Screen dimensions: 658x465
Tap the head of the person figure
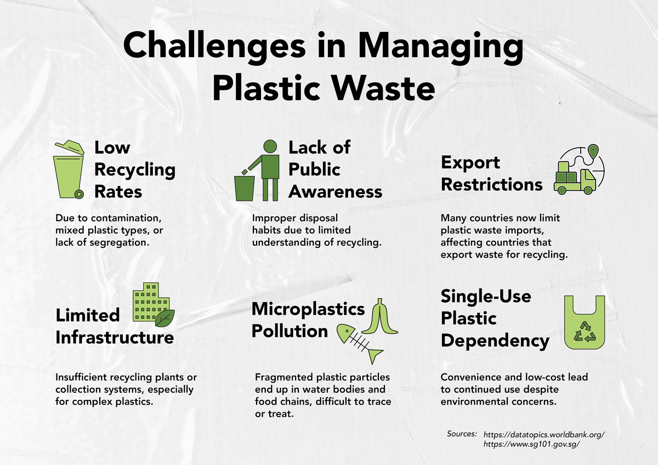[x=270, y=146]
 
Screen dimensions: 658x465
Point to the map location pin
[x=593, y=151]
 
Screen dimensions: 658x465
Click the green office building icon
[x=151, y=302]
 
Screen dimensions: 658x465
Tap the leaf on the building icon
[x=165, y=318]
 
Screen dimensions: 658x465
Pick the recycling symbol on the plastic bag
[x=585, y=332]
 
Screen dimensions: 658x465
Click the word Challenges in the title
[x=214, y=47]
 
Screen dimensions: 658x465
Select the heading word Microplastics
[x=308, y=309]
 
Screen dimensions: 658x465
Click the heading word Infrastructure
[x=115, y=338]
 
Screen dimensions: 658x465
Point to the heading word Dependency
[x=495, y=341]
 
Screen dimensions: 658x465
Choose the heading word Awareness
[x=335, y=192]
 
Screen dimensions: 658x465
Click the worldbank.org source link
[x=544, y=434]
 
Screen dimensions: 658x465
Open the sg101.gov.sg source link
[x=532, y=444]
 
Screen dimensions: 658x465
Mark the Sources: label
[x=462, y=434]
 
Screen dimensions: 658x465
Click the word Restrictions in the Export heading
[x=492, y=185]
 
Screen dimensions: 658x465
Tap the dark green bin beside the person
[x=244, y=189]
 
